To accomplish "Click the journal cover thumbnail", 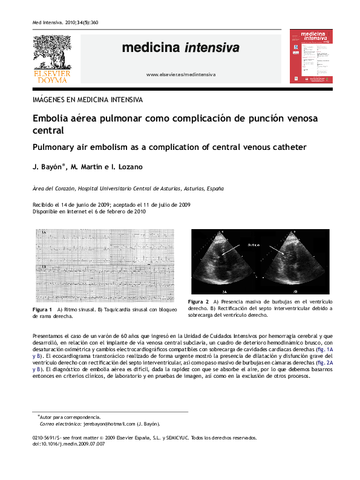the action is point(311,56).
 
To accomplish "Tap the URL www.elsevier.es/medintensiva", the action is point(180,74).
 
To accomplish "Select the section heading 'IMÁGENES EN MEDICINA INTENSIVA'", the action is point(88,100).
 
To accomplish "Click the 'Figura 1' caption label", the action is point(42,309).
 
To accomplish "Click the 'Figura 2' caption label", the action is point(198,301).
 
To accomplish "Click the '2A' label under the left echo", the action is point(224,291).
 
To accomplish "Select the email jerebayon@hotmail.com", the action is point(102,424).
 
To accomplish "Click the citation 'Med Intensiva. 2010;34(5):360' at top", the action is point(65,22).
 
